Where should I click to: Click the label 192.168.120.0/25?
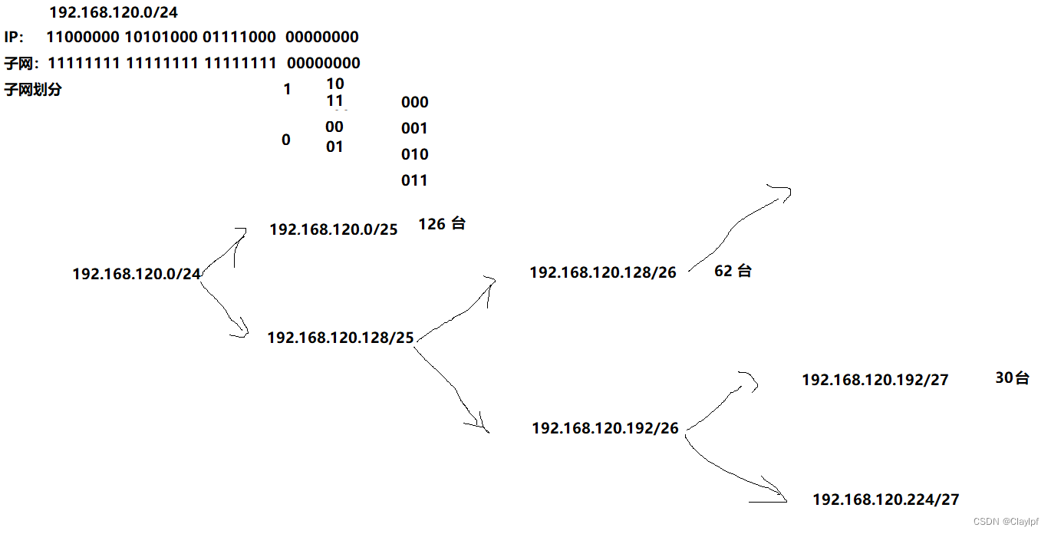(334, 229)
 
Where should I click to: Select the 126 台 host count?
(442, 224)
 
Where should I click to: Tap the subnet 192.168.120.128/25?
(341, 337)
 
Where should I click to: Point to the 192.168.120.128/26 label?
(603, 272)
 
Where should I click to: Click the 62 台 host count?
(733, 271)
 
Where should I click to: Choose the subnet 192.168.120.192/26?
(605, 429)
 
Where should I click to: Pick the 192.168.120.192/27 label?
(875, 380)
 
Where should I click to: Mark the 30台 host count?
(1012, 377)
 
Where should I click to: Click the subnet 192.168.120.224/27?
(886, 499)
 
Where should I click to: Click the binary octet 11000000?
(82, 37)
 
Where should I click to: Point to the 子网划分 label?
(33, 90)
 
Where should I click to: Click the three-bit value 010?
(414, 154)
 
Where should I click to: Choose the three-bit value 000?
(414, 103)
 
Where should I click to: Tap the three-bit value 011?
(414, 180)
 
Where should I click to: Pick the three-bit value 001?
(414, 128)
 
